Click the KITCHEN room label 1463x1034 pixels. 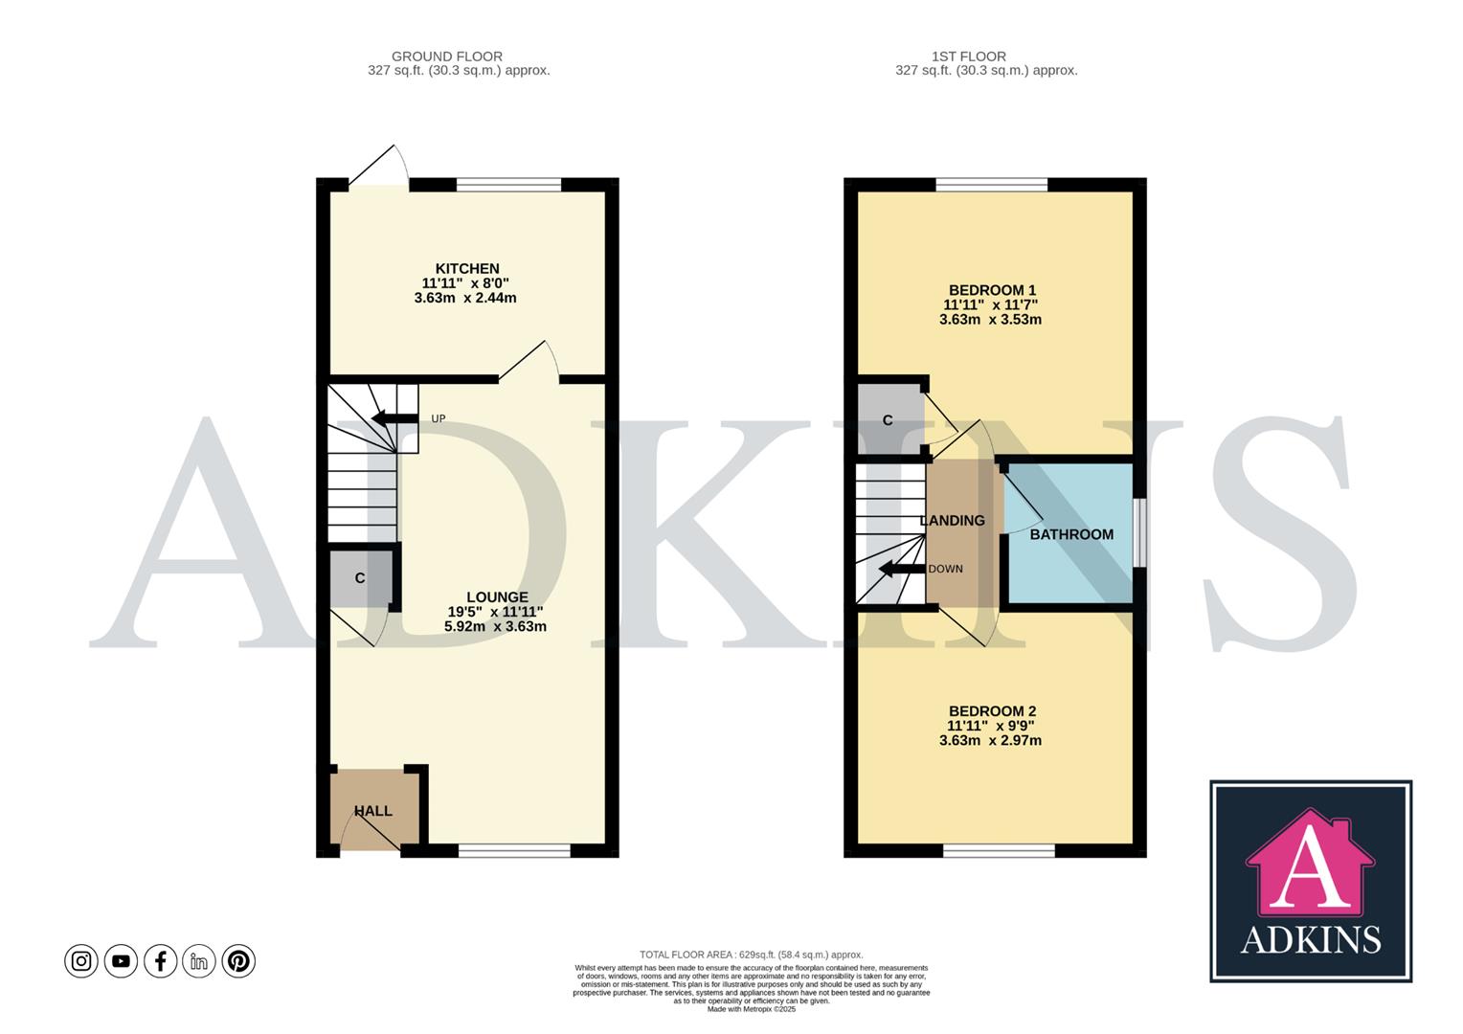(x=466, y=269)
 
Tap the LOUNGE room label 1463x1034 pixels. (x=496, y=597)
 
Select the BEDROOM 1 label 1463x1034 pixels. (x=991, y=290)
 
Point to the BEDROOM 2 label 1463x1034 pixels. (x=991, y=711)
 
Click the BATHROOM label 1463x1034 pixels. (x=1070, y=534)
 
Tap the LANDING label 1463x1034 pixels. (x=952, y=521)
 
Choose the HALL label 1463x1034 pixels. (x=372, y=811)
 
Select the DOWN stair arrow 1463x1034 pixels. (x=901, y=570)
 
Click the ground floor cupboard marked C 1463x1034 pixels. (x=360, y=578)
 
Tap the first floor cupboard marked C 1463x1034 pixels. (x=888, y=420)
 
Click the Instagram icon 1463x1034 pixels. (x=81, y=960)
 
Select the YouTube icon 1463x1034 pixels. (x=121, y=960)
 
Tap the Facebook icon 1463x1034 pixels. (x=160, y=960)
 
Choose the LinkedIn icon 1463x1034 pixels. (x=199, y=960)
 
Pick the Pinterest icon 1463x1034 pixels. (x=238, y=960)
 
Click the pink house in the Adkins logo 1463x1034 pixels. (x=1310, y=862)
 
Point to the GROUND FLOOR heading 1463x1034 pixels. (x=446, y=56)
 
